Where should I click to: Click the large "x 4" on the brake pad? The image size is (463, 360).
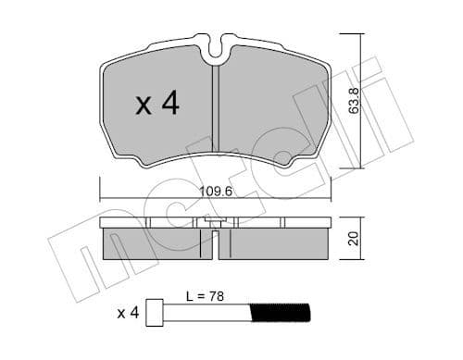157,105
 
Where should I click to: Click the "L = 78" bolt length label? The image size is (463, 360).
204,297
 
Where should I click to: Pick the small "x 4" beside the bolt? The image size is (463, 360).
131,313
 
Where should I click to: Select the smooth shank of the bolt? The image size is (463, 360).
213,313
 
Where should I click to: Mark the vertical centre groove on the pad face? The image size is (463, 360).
215,111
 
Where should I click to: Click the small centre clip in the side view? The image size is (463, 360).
215,224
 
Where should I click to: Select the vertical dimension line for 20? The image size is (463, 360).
348,239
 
